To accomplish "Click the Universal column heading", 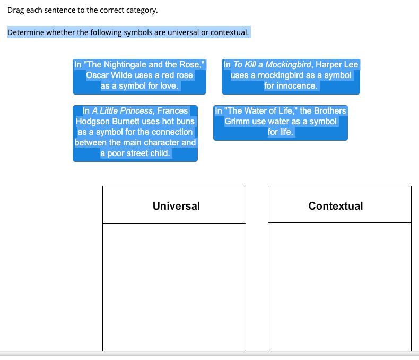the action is point(177,206).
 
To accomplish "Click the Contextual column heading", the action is point(336,206).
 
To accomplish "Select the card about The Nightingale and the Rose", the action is point(139,77).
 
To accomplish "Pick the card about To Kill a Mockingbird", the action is point(291,77).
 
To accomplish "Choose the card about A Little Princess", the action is point(135,133).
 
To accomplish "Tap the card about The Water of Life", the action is point(281,123).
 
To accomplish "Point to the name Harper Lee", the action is point(337,64).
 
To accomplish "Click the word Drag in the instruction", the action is point(15,10).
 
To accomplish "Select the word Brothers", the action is point(330,111).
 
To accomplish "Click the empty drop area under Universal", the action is point(174,287).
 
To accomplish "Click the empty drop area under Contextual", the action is point(339,287).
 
